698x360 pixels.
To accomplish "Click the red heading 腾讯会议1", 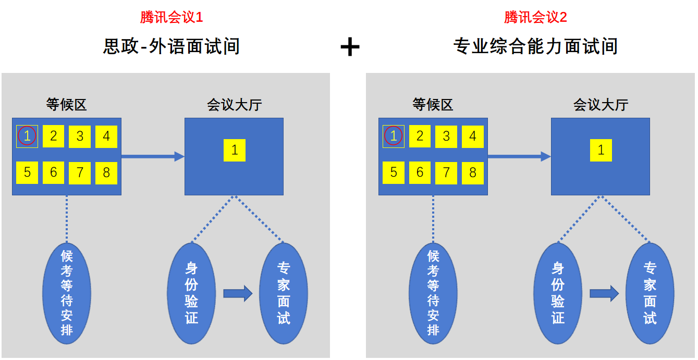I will [171, 17].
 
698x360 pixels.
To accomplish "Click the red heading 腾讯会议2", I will [535, 17].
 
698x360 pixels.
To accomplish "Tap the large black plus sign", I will [350, 47].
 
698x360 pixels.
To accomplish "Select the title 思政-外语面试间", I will [172, 46].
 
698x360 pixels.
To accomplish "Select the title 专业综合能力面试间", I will [535, 46].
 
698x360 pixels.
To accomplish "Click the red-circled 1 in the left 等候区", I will [27, 136].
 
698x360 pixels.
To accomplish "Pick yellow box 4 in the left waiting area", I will [106, 136].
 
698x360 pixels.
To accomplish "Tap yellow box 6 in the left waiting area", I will [53, 173].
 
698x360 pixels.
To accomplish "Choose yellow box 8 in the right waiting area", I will [473, 173].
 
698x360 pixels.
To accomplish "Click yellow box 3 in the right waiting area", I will [446, 136].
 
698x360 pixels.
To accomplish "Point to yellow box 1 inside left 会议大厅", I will [235, 151].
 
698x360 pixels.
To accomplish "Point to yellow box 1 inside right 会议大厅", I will [601, 151].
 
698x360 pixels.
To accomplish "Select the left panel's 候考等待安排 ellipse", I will [67, 293].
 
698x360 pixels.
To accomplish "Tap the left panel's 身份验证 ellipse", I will [191, 293].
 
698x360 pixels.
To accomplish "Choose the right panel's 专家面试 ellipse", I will [650, 293].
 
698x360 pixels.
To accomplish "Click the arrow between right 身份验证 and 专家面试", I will [604, 294].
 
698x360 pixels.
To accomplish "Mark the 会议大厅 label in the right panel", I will [601, 105].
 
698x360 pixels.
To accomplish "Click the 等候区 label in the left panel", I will [66, 105].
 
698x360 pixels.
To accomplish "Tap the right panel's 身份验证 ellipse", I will [558, 293].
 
